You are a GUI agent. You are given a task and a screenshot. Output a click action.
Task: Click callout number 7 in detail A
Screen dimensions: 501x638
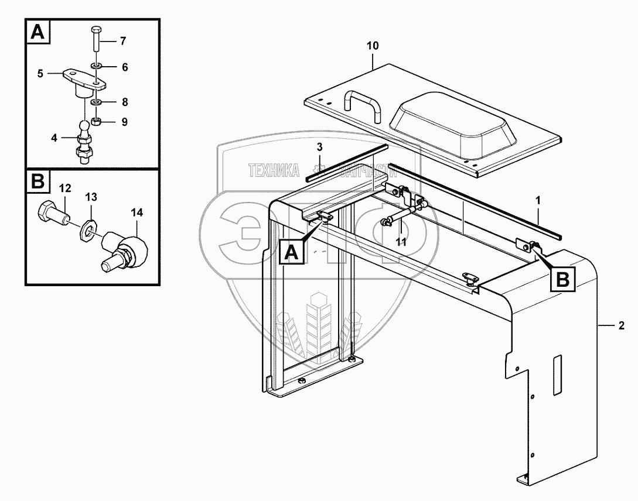[x=122, y=41]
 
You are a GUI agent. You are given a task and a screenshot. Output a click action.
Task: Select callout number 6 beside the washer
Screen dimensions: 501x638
[x=124, y=67]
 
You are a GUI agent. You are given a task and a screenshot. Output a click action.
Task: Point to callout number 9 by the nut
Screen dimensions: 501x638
[x=124, y=122]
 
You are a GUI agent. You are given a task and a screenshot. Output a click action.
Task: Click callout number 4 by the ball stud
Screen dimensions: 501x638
[x=55, y=139]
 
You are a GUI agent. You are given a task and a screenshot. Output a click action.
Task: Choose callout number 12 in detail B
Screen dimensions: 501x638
[x=65, y=188]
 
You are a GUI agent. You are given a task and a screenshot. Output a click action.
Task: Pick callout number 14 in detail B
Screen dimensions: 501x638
[x=137, y=212]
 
